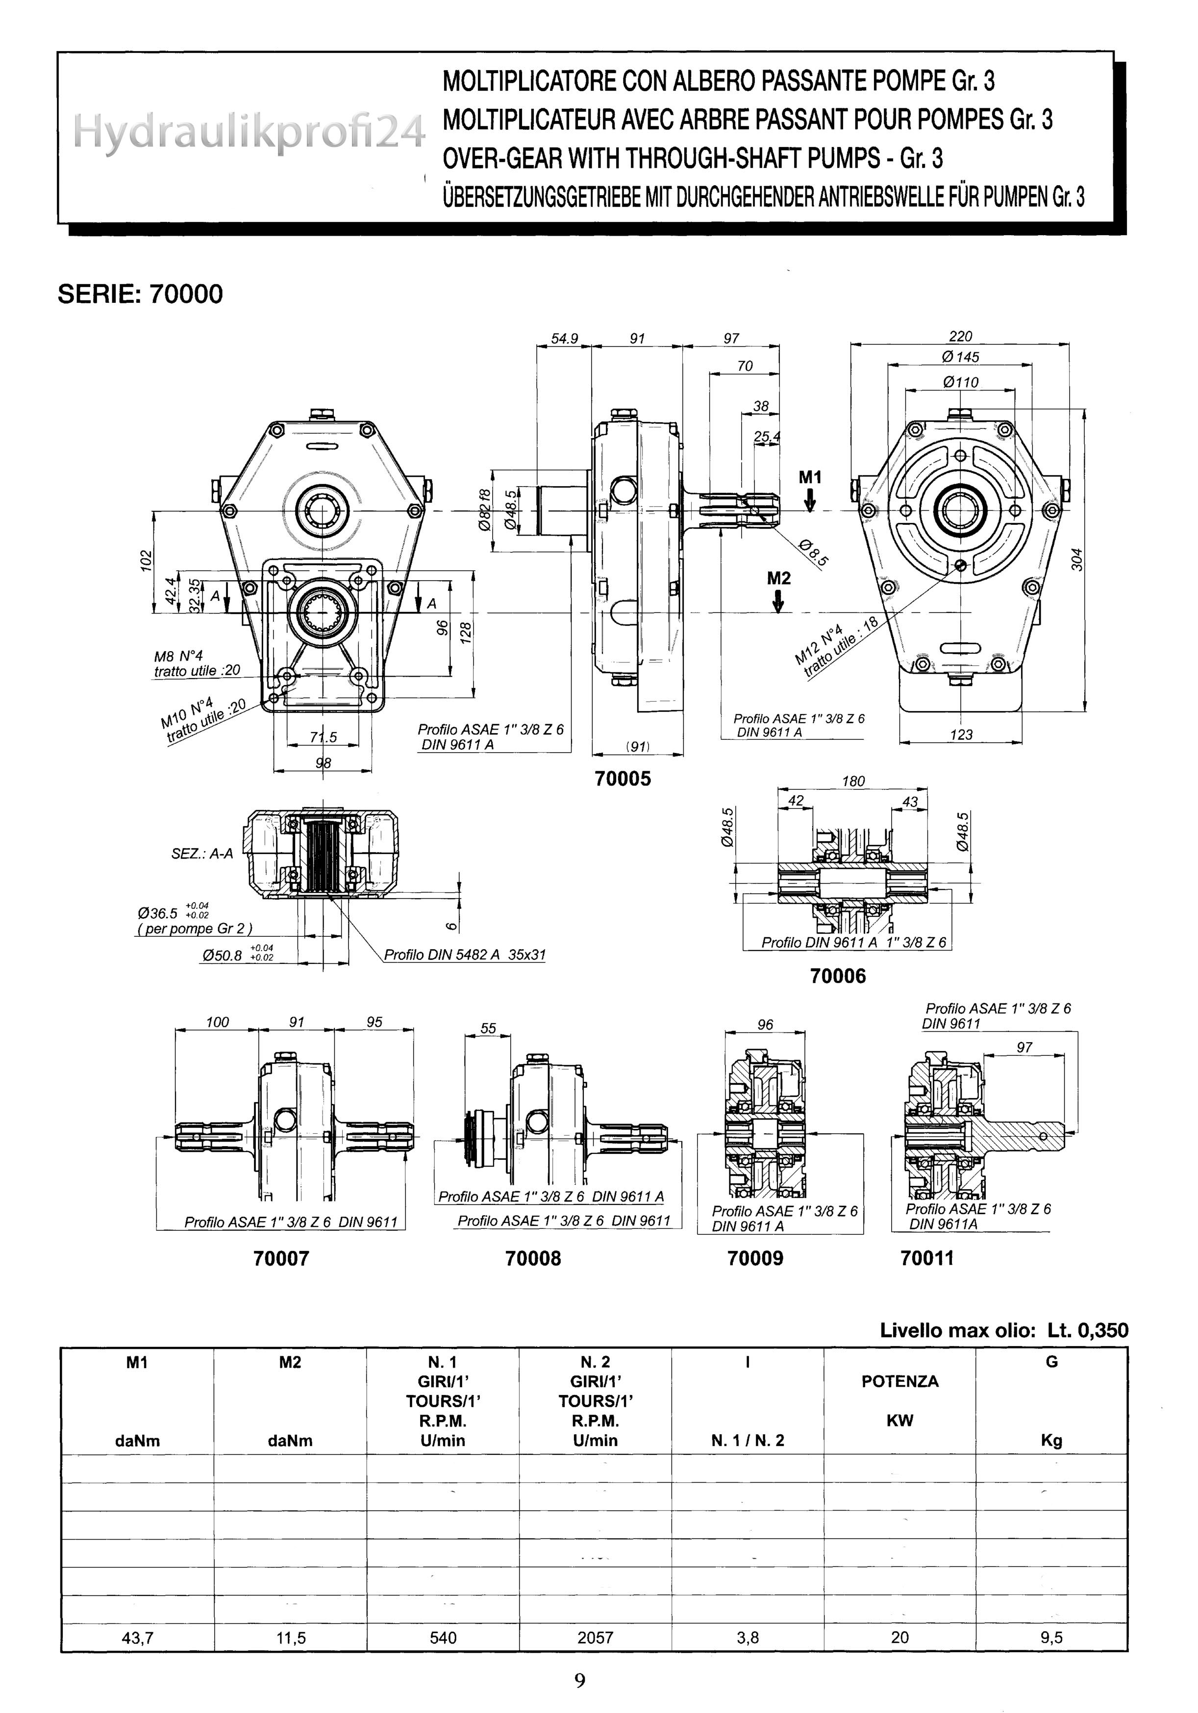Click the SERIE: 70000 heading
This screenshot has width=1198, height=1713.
[x=140, y=294]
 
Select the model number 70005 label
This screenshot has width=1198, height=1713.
[x=623, y=779]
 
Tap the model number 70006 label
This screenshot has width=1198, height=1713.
[x=838, y=976]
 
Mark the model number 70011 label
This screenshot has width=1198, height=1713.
[x=927, y=1258]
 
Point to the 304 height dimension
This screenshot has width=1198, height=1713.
[x=1076, y=560]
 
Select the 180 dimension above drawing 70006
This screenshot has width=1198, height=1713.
[x=852, y=781]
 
